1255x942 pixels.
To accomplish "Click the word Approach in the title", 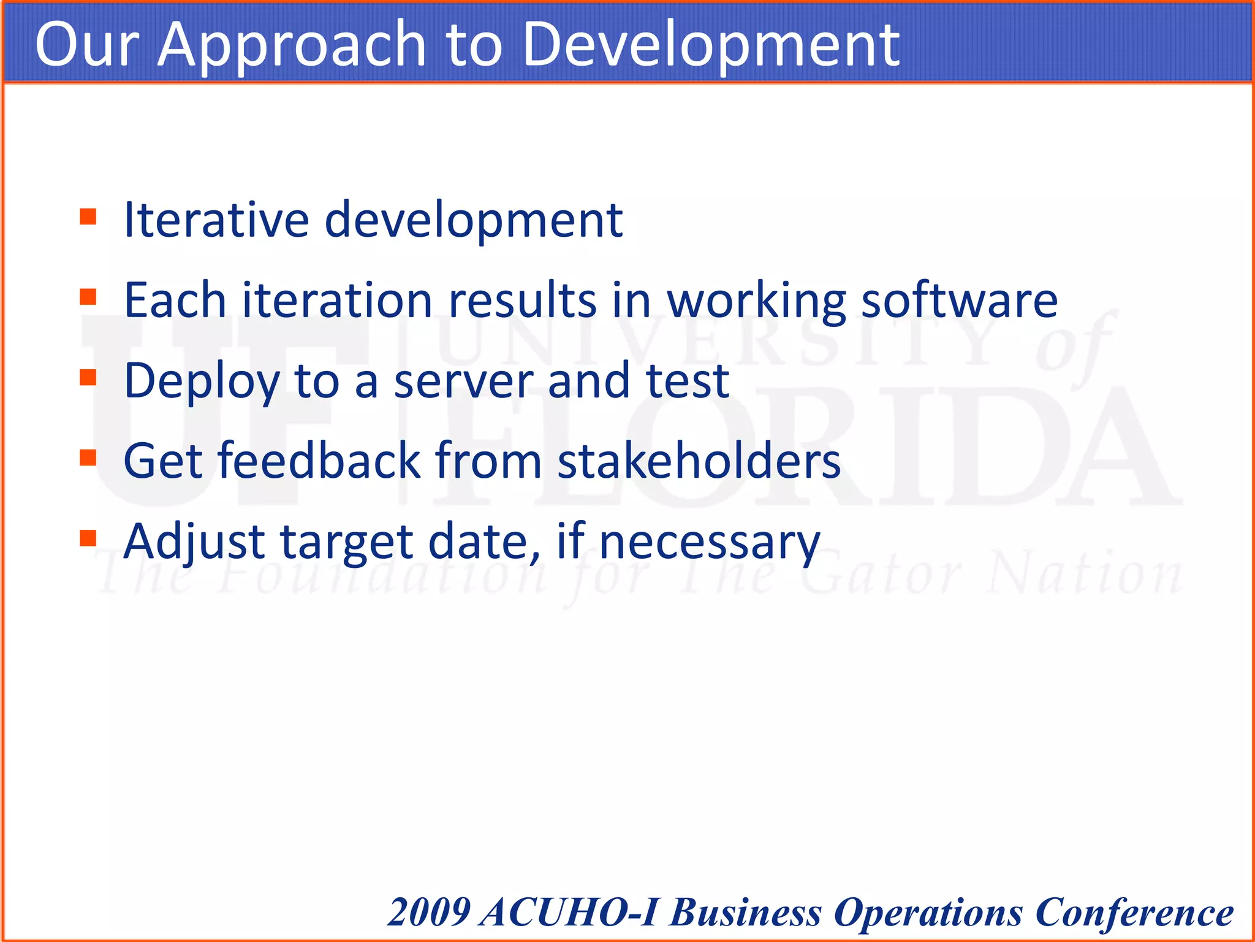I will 291,44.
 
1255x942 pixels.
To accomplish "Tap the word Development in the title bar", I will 711,44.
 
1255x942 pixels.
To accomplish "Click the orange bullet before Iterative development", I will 88,217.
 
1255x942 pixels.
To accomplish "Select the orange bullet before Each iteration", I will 88,297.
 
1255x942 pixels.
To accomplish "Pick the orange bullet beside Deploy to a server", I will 88,378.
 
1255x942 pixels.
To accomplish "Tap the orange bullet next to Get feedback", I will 88,458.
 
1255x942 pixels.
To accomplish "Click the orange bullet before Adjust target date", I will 88,538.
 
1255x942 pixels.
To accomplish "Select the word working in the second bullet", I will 756,302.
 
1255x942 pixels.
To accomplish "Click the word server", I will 463,381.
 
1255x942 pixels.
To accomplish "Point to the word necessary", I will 709,543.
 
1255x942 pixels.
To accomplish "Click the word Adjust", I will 194,543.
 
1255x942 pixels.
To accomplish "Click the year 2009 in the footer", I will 429,912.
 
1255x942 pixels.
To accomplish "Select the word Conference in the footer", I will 1134,912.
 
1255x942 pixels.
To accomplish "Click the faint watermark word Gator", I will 882,575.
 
